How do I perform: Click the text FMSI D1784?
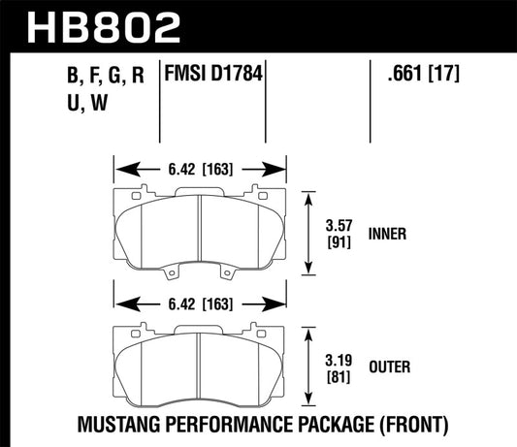214,73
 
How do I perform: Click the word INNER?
388,234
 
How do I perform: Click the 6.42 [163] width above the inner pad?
201,170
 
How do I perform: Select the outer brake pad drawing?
201,361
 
